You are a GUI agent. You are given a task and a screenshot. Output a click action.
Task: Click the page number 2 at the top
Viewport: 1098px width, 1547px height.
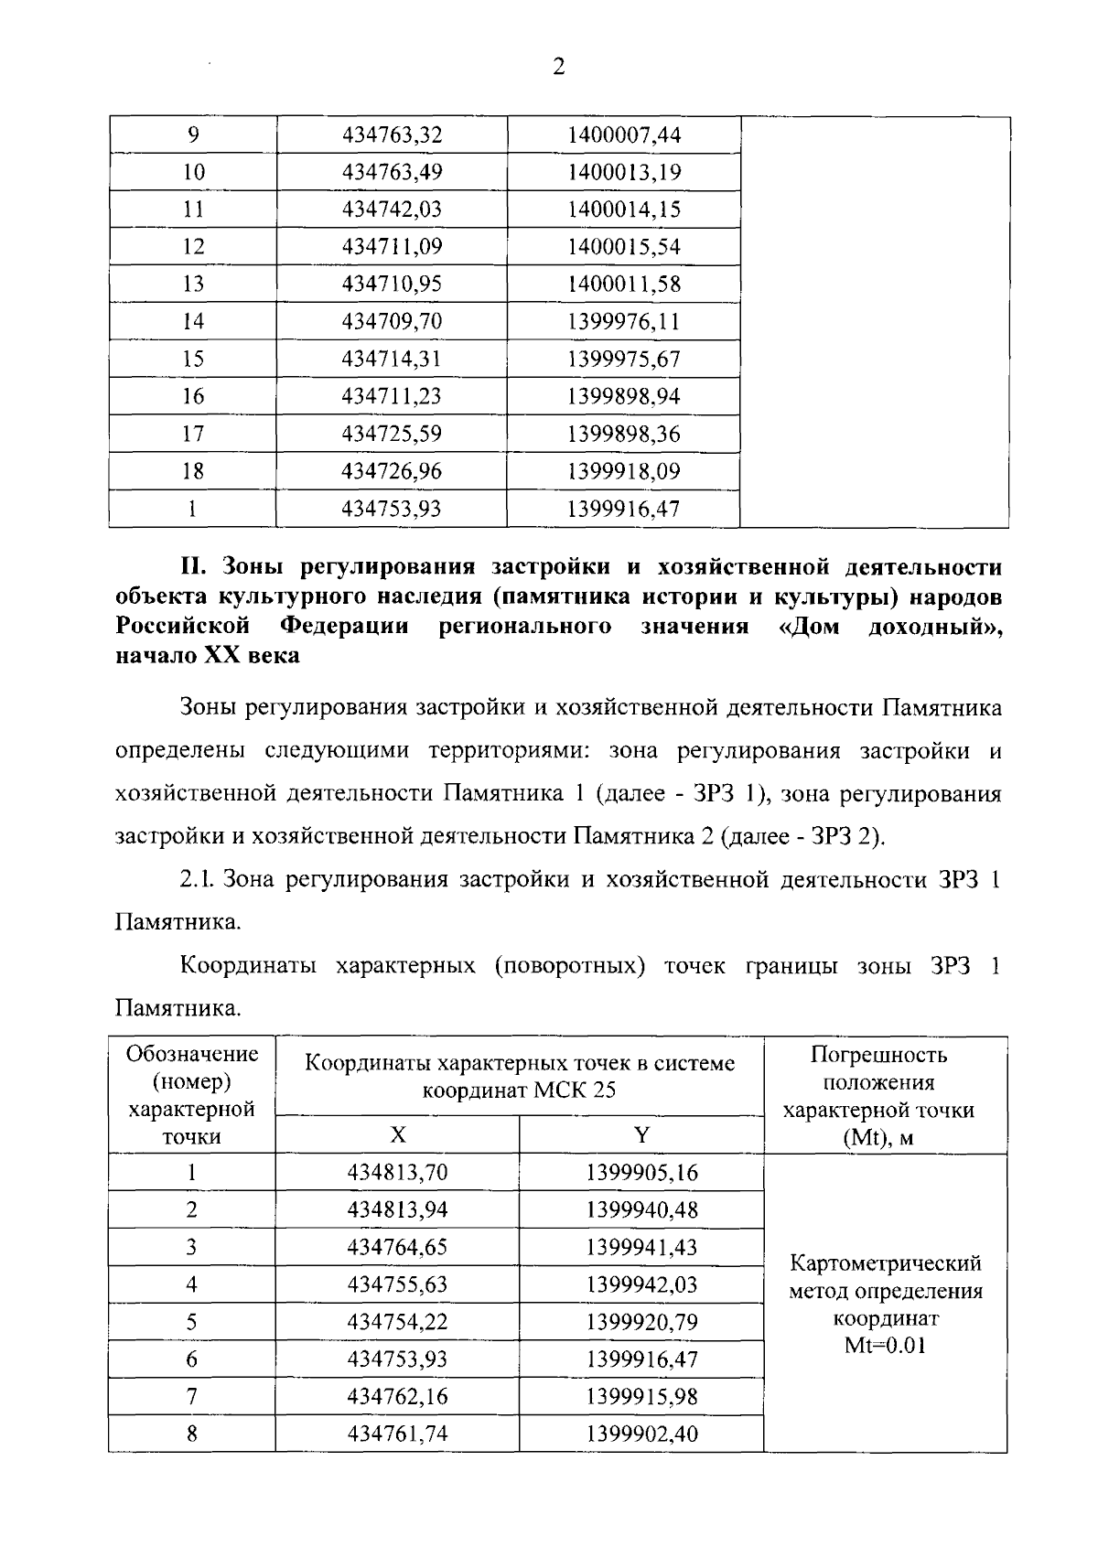559,67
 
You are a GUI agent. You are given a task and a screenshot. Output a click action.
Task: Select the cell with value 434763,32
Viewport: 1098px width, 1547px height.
392,135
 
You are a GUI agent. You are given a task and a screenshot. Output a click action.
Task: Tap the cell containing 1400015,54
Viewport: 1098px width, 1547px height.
624,247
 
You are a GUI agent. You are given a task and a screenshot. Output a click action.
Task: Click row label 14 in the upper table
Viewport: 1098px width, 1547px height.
193,322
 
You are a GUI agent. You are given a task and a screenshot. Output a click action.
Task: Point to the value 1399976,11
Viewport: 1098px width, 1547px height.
624,322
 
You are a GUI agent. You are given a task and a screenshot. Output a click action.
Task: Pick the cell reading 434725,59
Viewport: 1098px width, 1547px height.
392,434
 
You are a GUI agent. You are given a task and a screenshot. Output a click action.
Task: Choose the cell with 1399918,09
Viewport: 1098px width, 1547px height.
624,472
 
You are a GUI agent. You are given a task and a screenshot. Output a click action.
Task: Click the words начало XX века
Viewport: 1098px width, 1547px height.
208,656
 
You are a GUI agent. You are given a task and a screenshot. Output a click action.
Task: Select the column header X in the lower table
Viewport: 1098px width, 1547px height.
397,1135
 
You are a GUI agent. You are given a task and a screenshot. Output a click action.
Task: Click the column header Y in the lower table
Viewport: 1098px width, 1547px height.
641,1135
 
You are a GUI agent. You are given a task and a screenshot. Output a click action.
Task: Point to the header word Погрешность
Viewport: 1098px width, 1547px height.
878,1055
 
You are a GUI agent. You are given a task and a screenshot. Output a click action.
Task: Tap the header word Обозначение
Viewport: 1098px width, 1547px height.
192,1054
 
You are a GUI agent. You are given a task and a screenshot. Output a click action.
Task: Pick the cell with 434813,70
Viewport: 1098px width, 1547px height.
397,1173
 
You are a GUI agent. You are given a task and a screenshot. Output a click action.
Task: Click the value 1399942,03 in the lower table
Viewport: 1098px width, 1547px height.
641,1285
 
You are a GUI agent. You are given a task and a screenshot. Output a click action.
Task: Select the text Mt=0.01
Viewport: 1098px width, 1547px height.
885,1347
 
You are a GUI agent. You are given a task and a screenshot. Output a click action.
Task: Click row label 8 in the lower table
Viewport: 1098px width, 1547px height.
192,1434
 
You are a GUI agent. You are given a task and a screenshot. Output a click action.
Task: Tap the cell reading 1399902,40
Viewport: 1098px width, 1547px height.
641,1434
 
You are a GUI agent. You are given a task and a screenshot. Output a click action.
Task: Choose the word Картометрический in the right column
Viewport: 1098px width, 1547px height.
885,1263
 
